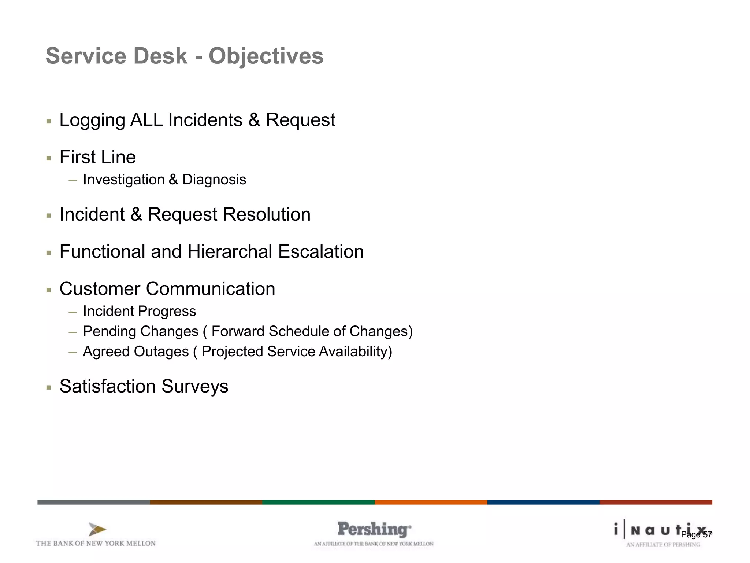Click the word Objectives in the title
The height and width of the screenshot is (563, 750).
point(266,56)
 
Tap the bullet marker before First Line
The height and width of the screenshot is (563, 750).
point(49,158)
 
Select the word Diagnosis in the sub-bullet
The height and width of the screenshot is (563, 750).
point(214,180)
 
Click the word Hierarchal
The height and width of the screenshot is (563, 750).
point(230,252)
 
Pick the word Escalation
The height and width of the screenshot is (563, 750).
point(321,252)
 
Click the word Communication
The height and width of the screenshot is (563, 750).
point(211,289)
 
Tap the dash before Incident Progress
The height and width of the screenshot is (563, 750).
point(73,312)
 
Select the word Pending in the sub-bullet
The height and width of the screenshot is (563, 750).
point(106,331)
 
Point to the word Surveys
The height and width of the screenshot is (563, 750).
point(195,386)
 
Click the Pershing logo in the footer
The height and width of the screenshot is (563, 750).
point(374,530)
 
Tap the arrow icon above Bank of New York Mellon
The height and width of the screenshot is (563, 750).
point(97,529)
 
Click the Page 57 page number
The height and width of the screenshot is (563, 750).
point(696,535)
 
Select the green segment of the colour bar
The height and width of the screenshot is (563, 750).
point(318,502)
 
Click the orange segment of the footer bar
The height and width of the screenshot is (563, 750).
point(431,502)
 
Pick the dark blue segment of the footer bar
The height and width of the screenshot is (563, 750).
point(543,502)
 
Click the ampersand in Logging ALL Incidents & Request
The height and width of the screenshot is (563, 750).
point(254,120)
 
